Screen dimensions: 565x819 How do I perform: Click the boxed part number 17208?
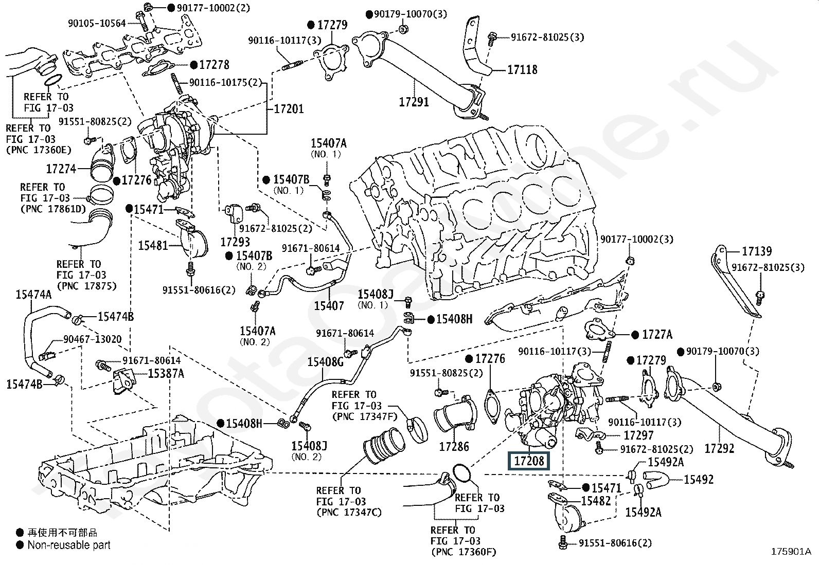[529, 461]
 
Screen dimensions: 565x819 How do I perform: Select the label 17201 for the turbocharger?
[289, 109]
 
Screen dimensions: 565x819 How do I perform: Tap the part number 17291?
[414, 102]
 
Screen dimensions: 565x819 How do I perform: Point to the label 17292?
[719, 448]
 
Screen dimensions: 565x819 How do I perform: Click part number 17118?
[522, 69]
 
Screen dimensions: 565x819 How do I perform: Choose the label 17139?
[757, 251]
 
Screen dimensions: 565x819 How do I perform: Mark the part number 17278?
[214, 65]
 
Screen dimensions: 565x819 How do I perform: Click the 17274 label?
[61, 169]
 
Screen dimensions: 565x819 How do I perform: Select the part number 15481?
[153, 245]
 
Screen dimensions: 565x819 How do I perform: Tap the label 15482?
[596, 501]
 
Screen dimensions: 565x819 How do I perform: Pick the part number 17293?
[235, 241]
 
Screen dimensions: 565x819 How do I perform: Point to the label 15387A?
[166, 373]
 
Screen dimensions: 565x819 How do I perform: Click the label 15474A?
[33, 295]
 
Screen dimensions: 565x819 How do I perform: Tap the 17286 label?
[454, 447]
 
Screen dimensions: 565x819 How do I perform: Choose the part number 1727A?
[657, 335]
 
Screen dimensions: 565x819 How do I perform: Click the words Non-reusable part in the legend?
[69, 545]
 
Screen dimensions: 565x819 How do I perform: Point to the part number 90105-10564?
[97, 23]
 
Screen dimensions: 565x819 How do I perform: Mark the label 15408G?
[325, 362]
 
